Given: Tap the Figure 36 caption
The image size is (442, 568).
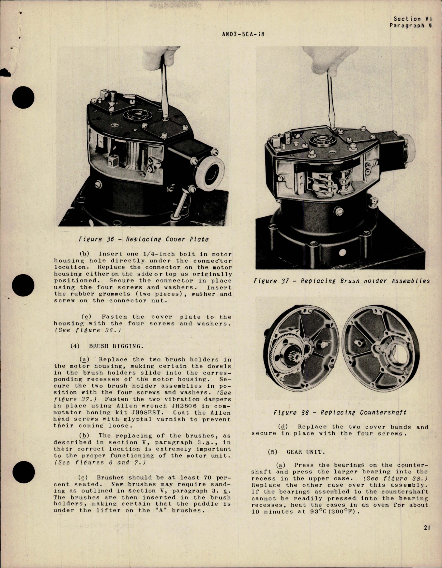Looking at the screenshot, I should coord(143,239).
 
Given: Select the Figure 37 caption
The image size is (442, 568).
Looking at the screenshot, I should coord(341,281).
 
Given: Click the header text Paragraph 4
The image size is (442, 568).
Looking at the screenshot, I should coord(411,25).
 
